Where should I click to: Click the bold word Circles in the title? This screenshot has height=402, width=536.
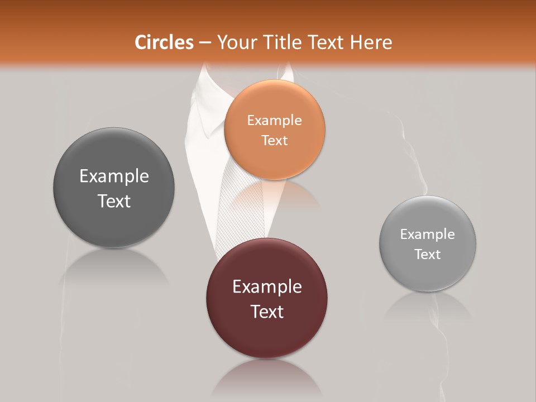coord(164,42)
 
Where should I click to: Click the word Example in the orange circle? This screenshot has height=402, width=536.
coord(274,120)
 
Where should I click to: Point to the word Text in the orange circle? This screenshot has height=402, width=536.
coord(274,140)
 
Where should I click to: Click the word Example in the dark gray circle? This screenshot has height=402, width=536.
coord(114,176)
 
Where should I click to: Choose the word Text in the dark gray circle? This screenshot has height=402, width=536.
coord(114,201)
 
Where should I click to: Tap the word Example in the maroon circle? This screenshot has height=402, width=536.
coord(267,286)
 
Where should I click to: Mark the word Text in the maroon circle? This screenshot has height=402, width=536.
coord(267,312)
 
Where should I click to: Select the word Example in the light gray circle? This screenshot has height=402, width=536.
coord(428,234)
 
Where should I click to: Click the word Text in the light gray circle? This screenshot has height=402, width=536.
coord(428,254)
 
